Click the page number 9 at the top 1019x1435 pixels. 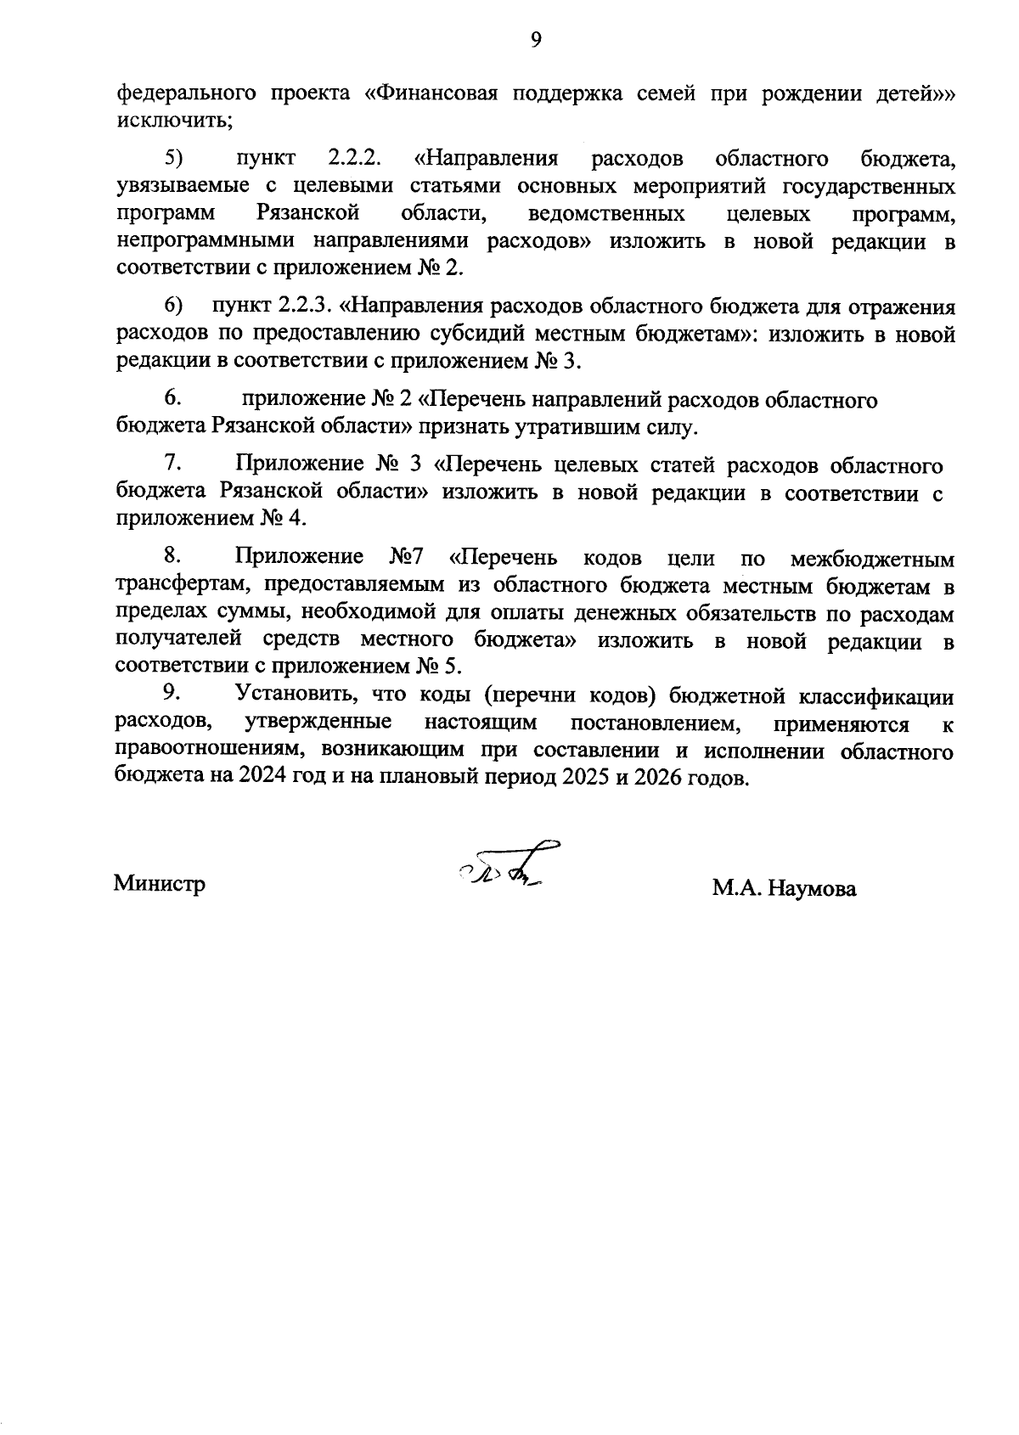click(x=536, y=40)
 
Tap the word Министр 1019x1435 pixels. click(x=160, y=884)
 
